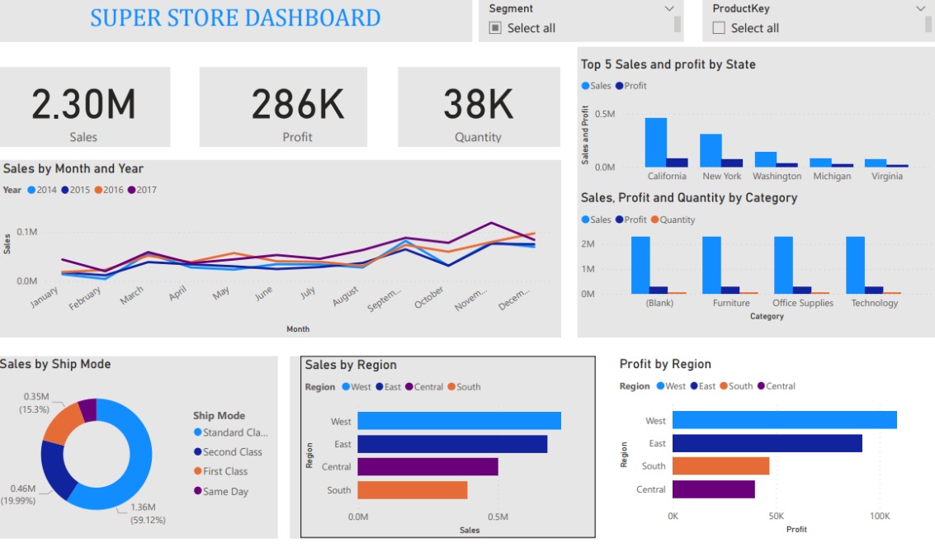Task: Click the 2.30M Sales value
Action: pos(83,105)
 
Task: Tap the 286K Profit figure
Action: pos(297,105)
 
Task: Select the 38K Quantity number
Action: pos(478,105)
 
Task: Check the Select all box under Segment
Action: pos(495,28)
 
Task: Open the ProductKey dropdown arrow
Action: pos(921,8)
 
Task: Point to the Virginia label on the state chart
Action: pos(886,176)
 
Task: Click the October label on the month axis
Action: pos(430,298)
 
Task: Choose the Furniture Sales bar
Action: pos(711,265)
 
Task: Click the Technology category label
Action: pos(875,303)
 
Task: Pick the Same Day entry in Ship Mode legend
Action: pos(224,491)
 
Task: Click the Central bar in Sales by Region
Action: pos(427,467)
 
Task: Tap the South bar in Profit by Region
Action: pos(720,466)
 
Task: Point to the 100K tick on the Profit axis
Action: pos(880,516)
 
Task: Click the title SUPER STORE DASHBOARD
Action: pos(235,17)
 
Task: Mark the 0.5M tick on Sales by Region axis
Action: pos(498,517)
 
